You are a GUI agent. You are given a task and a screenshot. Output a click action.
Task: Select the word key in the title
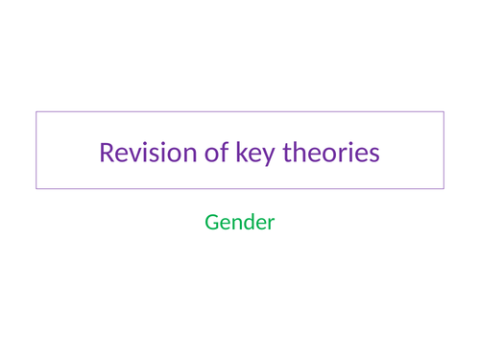252,154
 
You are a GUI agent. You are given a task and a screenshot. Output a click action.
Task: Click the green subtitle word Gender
240,223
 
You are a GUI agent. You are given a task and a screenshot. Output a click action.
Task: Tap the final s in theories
374,155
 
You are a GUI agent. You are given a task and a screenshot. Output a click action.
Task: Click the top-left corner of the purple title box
36,112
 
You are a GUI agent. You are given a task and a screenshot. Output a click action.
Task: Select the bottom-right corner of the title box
444,188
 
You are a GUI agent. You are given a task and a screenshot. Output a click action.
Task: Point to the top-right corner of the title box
444,112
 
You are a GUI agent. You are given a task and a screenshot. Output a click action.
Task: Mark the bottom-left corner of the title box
36,188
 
